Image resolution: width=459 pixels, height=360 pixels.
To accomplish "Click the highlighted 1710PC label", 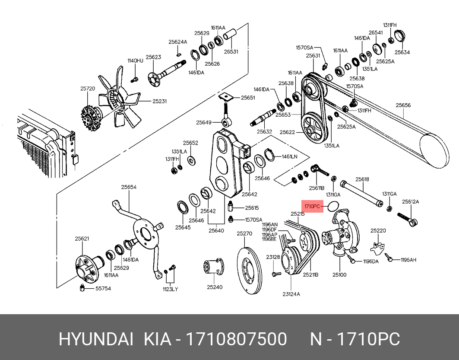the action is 312,207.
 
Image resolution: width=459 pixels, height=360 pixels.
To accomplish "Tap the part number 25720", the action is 87,89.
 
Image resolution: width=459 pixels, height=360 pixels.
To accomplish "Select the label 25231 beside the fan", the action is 159,101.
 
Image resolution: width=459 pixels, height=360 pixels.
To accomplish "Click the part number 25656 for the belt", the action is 403,105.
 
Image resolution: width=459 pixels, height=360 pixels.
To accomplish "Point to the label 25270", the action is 244,234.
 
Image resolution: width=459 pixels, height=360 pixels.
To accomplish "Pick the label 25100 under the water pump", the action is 339,274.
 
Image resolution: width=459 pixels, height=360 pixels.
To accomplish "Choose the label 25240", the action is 214,287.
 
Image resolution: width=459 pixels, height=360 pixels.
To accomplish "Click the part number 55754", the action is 103,288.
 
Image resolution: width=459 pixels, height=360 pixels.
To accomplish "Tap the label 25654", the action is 129,187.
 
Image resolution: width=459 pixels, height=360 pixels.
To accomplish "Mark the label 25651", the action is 248,98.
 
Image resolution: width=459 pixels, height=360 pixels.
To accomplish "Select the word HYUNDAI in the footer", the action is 96,339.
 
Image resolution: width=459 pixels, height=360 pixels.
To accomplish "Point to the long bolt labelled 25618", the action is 361,193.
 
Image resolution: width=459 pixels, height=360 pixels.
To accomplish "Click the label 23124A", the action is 291,294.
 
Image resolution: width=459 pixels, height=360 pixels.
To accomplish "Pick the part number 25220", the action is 378,230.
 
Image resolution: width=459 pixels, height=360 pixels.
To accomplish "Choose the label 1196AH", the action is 408,260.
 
